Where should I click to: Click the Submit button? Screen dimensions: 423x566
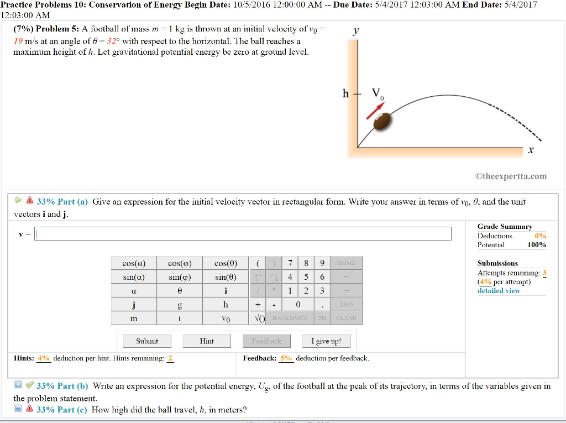[147, 341]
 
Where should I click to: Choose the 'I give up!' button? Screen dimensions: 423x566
[326, 341]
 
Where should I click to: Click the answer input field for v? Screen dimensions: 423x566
[243, 234]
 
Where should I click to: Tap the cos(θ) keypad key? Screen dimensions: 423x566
[226, 263]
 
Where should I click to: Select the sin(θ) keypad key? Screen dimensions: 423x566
[226, 276]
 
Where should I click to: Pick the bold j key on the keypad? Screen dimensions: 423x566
[134, 305]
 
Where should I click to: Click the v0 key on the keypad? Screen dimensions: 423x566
[226, 318]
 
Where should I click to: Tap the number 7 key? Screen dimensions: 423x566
[290, 263]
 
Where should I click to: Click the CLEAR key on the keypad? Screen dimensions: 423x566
[347, 318]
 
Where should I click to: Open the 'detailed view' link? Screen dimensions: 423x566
[499, 291]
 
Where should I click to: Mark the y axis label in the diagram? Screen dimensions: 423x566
[356, 32]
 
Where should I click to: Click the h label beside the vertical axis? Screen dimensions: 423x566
[345, 93]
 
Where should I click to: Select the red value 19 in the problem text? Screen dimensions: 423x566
[18, 41]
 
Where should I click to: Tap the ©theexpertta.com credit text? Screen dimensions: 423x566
[511, 176]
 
